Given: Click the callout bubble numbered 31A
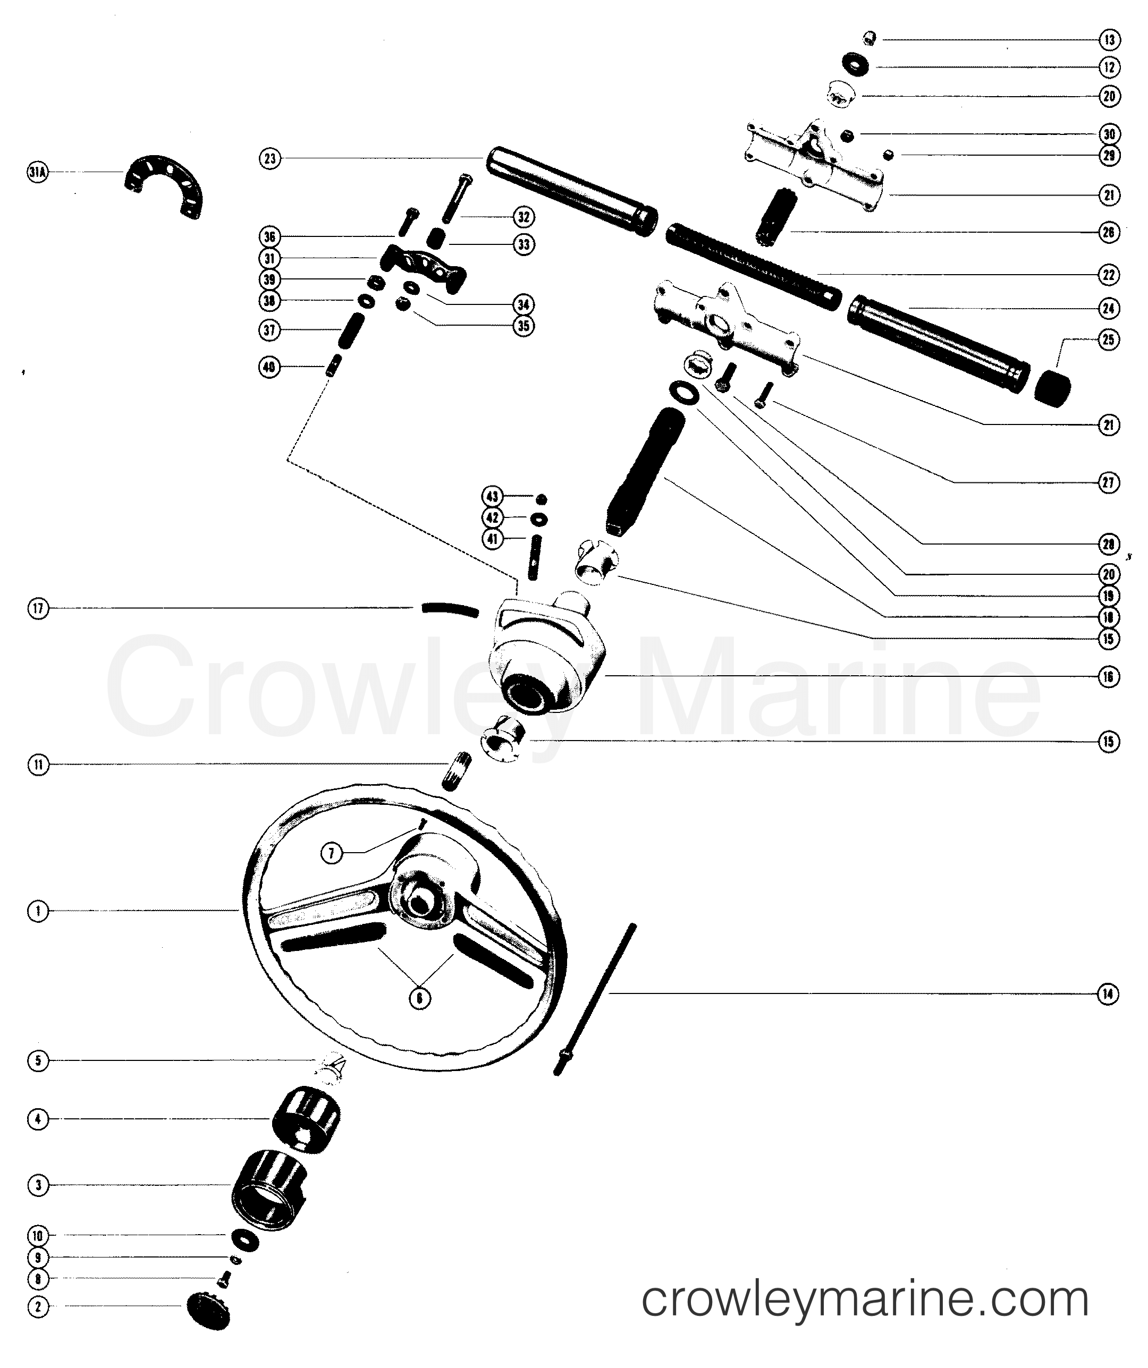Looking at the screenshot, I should (x=38, y=173).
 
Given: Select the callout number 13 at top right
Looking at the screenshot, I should (x=1109, y=40).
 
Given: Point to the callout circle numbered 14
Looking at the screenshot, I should (x=1109, y=994).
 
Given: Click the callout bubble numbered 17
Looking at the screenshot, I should (x=38, y=608).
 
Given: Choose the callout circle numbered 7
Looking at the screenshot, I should (x=332, y=852).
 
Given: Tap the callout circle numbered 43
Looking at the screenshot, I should (x=492, y=497).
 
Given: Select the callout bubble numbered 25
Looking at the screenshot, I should (x=1109, y=339).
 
